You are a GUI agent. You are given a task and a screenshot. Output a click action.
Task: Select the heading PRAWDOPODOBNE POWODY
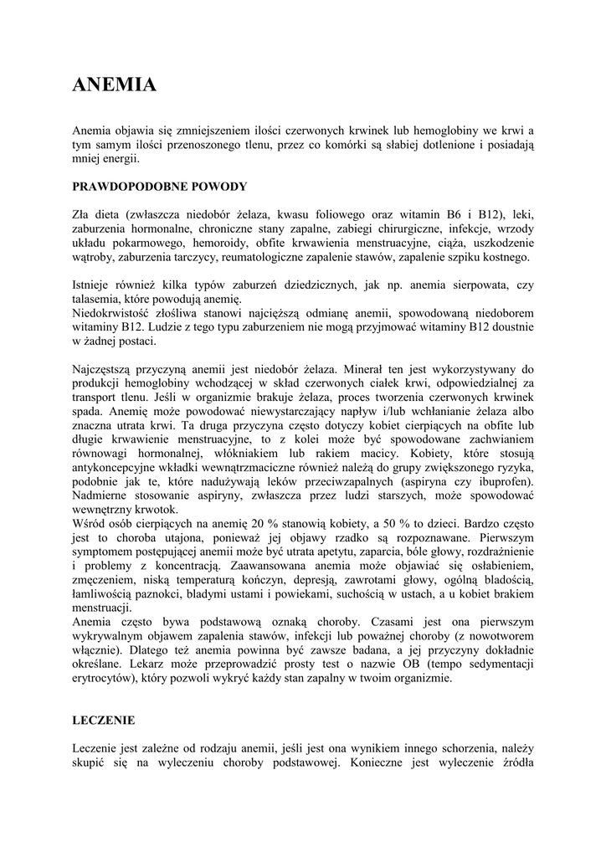(159, 186)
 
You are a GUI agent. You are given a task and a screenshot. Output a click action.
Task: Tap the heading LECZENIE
(104, 720)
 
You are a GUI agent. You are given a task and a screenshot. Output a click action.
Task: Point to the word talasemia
(98, 299)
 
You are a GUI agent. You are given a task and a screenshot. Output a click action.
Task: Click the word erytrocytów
(101, 679)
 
